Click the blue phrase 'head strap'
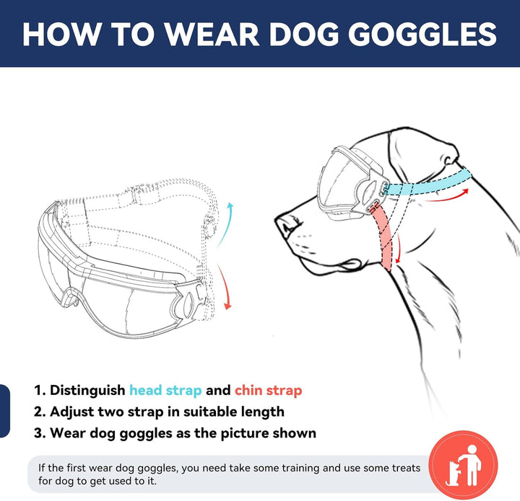pos(165,391)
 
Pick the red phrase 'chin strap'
pos(268,391)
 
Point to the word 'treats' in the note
pos(399,467)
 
